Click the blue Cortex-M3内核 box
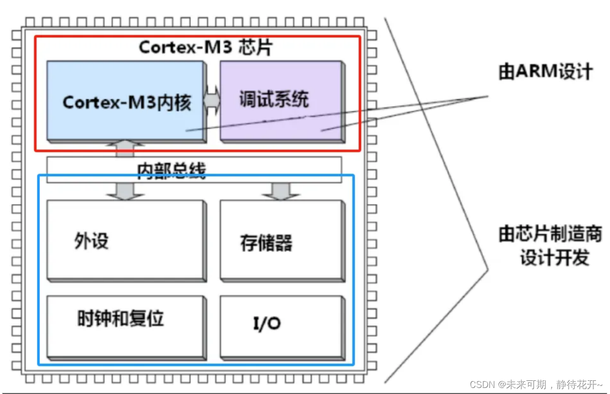126,101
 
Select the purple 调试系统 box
281,101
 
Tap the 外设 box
126,240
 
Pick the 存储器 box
282,240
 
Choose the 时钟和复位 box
126,326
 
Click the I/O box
282,326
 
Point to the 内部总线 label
172,171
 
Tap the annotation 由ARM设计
545,72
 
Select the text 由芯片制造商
550,234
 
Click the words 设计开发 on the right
554,258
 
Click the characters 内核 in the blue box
178,102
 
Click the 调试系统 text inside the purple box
273,99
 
